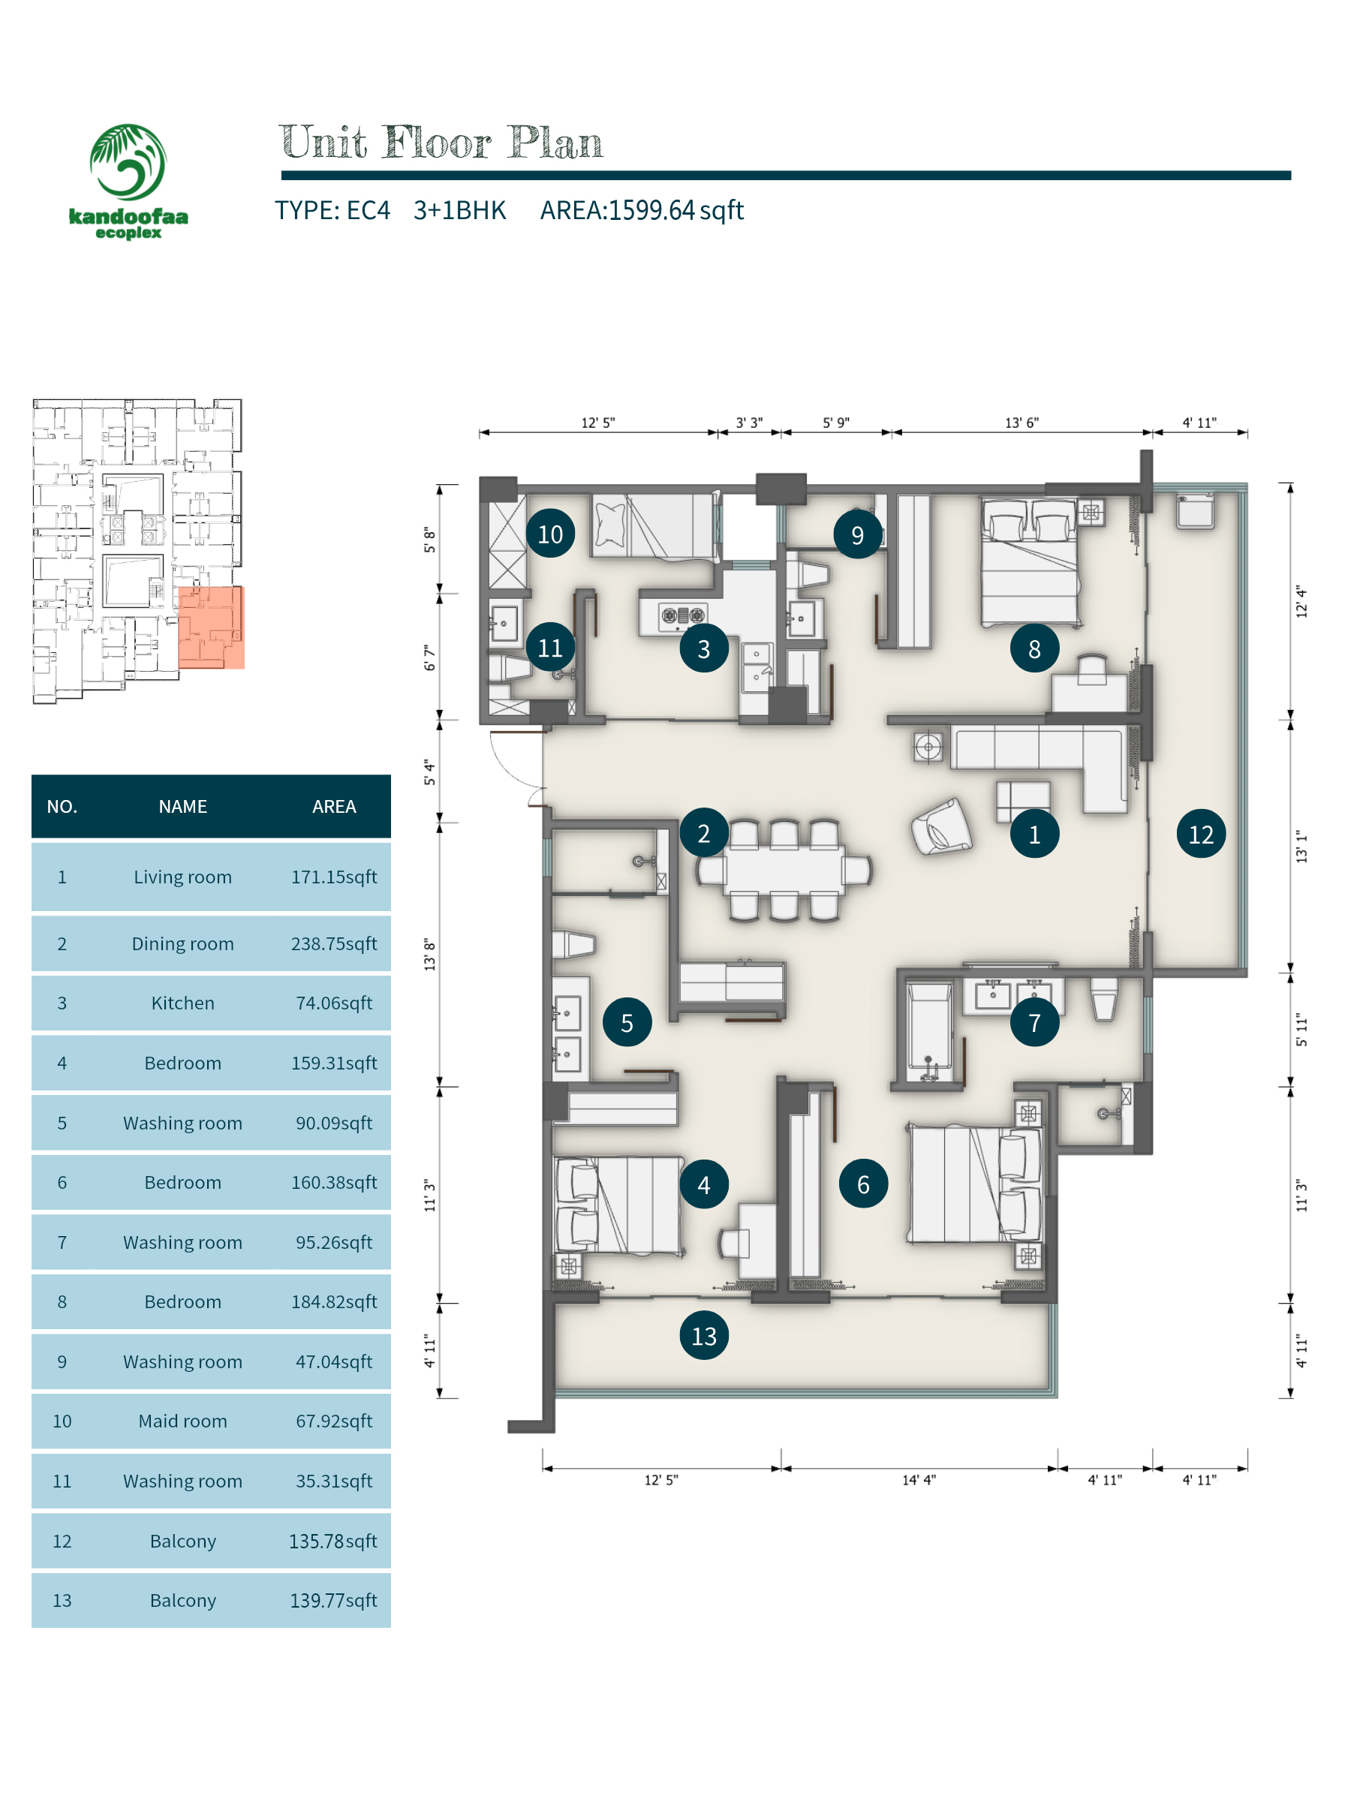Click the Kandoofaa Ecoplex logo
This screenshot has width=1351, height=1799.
(128, 182)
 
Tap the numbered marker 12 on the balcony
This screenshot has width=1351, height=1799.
(1201, 834)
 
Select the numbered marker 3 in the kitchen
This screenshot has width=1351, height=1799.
(703, 648)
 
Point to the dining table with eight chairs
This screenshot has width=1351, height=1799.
(784, 870)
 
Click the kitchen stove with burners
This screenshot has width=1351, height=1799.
(682, 615)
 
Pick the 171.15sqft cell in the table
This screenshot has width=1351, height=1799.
(333, 877)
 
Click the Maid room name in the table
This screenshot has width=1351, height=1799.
(182, 1421)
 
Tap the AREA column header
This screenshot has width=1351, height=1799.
(333, 806)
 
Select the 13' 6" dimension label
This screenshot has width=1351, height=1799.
(1022, 423)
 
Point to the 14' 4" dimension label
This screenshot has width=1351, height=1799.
(919, 1480)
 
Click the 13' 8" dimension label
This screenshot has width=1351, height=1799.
(429, 954)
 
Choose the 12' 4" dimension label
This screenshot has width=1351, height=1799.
(1301, 602)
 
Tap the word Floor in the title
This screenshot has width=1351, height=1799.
(437, 143)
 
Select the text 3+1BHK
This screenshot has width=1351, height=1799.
(459, 211)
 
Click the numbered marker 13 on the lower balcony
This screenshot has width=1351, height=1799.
(703, 1335)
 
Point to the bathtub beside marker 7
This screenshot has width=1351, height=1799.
(929, 1031)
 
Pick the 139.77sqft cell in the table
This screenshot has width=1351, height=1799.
(333, 1601)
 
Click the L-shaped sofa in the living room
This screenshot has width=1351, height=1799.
(1040, 760)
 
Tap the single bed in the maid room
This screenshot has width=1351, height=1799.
(654, 525)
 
